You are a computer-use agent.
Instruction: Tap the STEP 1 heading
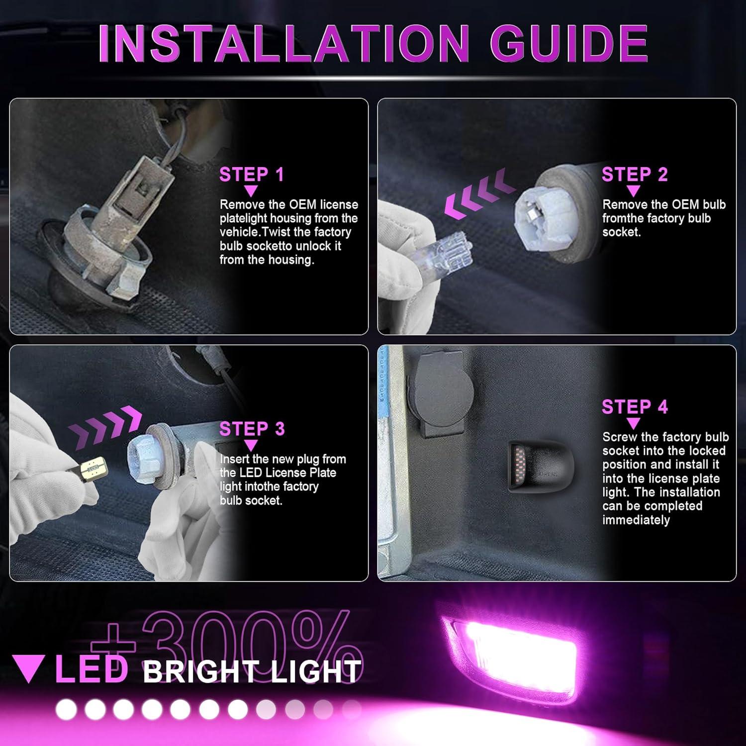click(251, 175)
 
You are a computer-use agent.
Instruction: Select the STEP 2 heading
click(634, 175)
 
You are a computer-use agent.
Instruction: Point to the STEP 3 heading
click(252, 429)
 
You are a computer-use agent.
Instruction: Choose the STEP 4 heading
click(634, 407)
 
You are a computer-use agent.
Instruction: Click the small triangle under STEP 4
click(633, 424)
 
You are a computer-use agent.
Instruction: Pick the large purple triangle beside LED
click(29, 668)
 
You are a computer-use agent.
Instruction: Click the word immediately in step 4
click(636, 520)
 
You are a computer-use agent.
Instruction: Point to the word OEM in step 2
click(685, 204)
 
